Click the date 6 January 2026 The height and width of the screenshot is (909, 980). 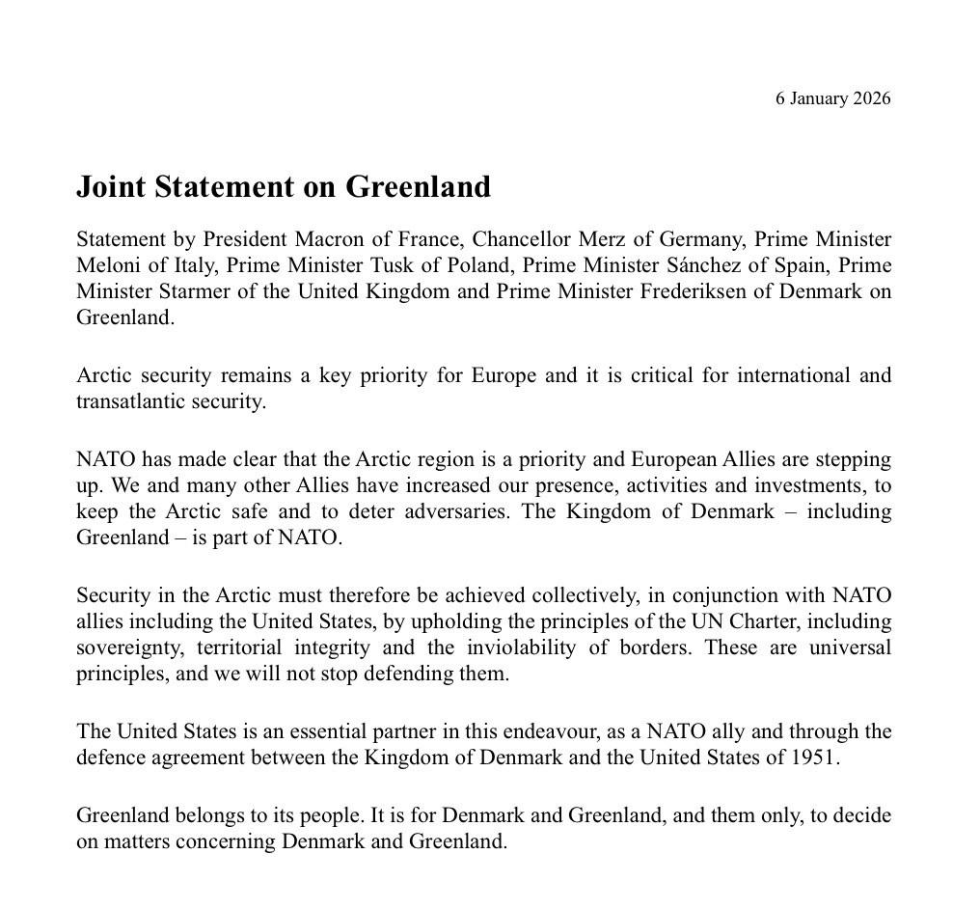(x=832, y=98)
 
